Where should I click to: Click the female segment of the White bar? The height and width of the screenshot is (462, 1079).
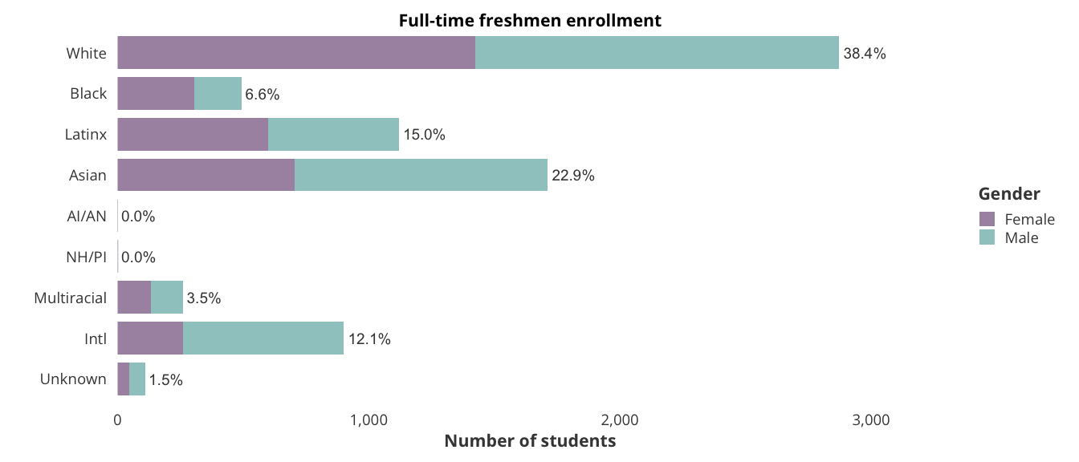[x=296, y=53]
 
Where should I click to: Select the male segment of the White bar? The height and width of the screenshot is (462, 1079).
[x=657, y=53]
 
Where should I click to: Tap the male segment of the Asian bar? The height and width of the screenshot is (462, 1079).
[x=421, y=175]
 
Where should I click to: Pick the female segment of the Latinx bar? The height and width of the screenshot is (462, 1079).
[x=193, y=134]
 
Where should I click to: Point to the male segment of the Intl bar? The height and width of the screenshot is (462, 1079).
[x=263, y=338]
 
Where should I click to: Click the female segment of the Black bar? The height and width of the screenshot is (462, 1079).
[x=156, y=93]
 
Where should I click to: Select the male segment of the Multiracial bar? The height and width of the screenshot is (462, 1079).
[x=167, y=297]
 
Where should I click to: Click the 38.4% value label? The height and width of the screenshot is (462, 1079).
[x=865, y=54]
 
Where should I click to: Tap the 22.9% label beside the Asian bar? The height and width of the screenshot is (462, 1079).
[x=573, y=176]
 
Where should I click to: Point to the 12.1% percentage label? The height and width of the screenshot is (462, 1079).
[x=369, y=338]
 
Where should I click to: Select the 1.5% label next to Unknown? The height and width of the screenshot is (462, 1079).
[x=166, y=379]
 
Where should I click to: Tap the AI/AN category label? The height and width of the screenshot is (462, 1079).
[x=87, y=216]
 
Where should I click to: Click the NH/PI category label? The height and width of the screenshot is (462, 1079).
[x=87, y=257]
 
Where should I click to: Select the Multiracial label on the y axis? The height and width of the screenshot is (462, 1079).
[x=71, y=298]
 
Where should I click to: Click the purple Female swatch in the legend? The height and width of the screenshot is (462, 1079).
[x=987, y=219]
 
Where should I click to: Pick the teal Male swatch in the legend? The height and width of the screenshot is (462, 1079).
[x=987, y=237]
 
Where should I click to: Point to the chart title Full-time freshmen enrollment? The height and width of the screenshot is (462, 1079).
[x=530, y=20]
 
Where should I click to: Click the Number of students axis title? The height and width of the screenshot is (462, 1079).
[x=530, y=441]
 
